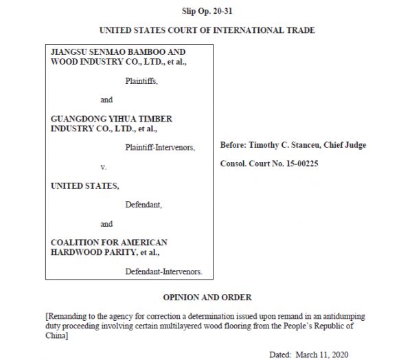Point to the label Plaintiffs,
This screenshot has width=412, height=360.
(141, 81)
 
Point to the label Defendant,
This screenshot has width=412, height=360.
(143, 205)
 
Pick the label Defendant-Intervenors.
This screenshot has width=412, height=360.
(163, 272)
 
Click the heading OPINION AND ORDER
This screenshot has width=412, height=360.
(207, 297)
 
